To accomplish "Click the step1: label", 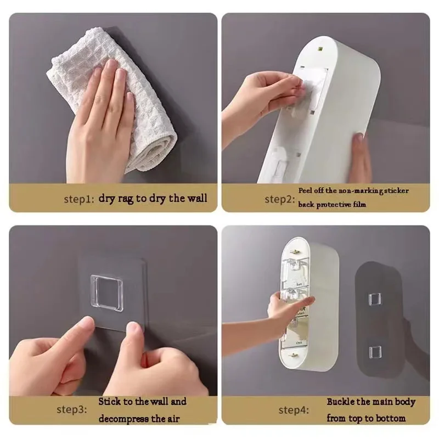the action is tap(78, 199).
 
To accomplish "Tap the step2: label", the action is tap(279, 199).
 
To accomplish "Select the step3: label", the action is tap(72, 409).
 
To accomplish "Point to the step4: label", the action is tap(294, 410).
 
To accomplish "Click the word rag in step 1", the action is tap(126, 199).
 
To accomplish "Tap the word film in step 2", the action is tap(359, 204).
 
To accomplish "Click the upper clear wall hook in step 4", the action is tap(374, 299).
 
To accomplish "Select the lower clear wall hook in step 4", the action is tap(375, 352).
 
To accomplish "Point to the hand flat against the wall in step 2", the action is tap(360, 158).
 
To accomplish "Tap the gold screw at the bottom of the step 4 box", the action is tap(293, 356).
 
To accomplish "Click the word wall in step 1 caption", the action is tap(197, 198).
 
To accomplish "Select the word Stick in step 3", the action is tap(110, 402).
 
